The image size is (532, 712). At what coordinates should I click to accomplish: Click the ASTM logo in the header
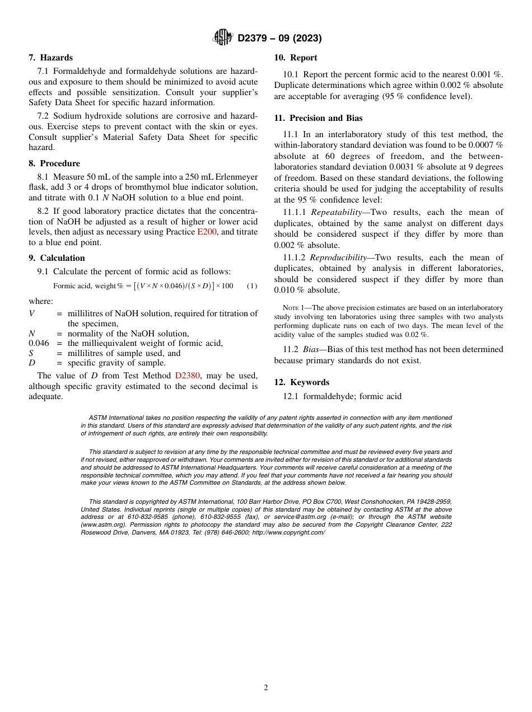(222, 38)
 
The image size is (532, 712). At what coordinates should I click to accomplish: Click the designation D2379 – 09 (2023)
(279, 39)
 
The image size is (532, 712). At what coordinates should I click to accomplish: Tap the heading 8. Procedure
(54, 163)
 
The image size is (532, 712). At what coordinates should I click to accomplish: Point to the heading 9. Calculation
(57, 258)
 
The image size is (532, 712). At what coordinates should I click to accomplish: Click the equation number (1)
(252, 286)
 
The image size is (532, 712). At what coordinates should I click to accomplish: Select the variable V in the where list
(31, 313)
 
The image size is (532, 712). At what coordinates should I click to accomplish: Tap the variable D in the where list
(32, 363)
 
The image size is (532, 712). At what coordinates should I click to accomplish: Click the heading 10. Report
(295, 58)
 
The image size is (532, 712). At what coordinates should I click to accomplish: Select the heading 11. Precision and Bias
(318, 118)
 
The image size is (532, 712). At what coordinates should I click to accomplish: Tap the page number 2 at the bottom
(266, 688)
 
